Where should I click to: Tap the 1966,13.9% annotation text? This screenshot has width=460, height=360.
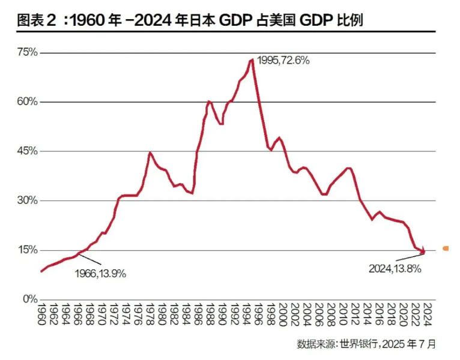coord(100,274)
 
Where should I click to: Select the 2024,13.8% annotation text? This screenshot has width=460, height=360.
coord(395,269)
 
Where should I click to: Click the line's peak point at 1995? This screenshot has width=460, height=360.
coord(252,59)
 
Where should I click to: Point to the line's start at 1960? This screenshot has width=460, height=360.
coord(41,271)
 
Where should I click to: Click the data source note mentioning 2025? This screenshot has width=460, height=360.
coord(366,344)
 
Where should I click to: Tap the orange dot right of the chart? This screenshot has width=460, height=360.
coord(446,248)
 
